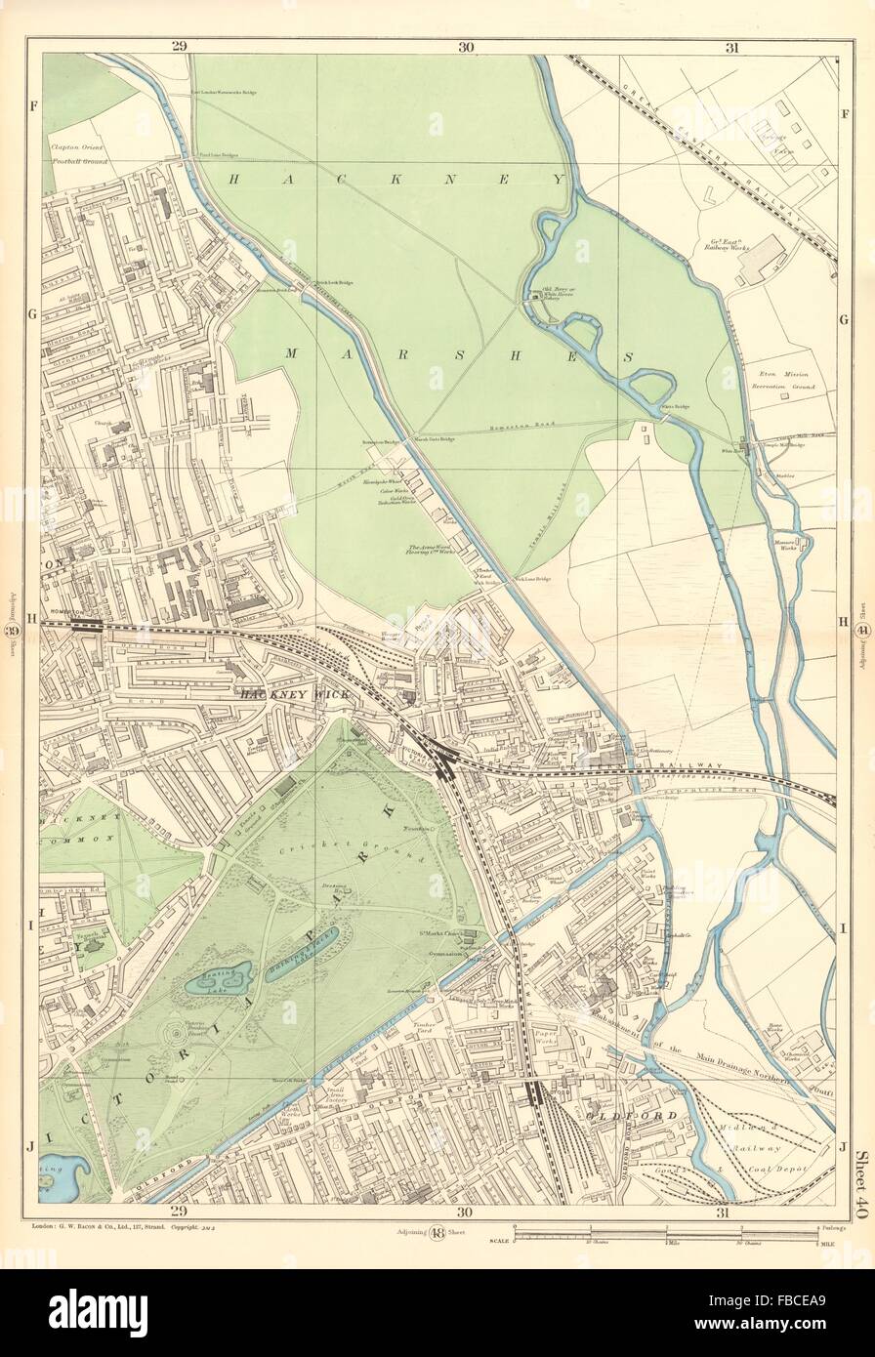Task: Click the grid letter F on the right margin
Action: coord(846,111)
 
